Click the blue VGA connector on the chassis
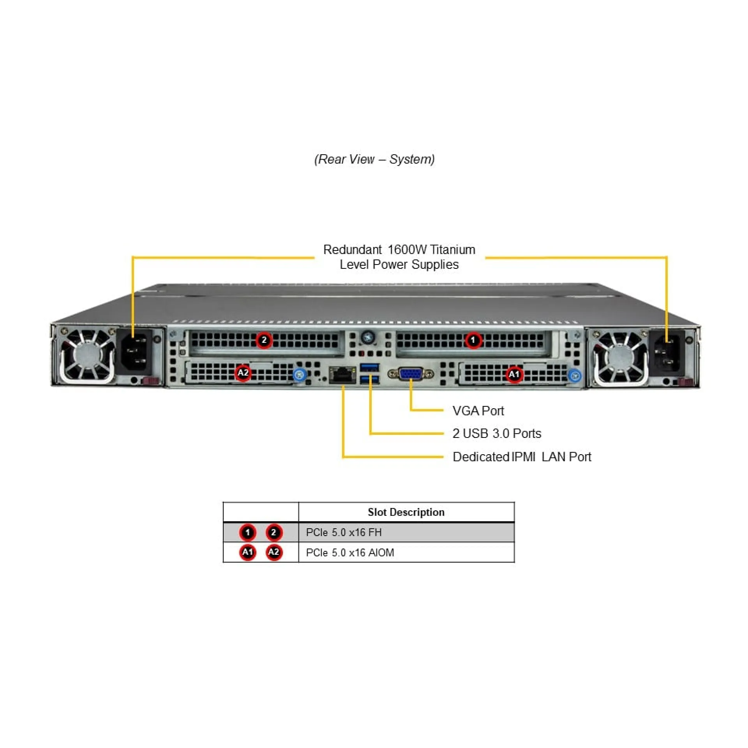[x=411, y=374]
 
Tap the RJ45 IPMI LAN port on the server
[x=342, y=375]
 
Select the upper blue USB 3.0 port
[x=370, y=367]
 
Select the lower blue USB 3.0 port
[x=370, y=380]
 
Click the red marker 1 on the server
[x=473, y=340]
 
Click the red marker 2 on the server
[x=264, y=340]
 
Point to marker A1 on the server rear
[x=514, y=374]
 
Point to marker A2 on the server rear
[x=243, y=373]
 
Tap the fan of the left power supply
[x=86, y=355]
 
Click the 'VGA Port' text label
[x=478, y=411]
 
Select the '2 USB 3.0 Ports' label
[x=497, y=434]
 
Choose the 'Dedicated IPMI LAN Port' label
[x=522, y=457]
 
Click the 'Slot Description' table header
[x=406, y=512]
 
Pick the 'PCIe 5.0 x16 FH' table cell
[x=344, y=532]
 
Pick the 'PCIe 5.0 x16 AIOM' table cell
[x=350, y=552]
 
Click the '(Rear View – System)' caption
[x=374, y=159]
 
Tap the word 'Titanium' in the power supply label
[x=453, y=249]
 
